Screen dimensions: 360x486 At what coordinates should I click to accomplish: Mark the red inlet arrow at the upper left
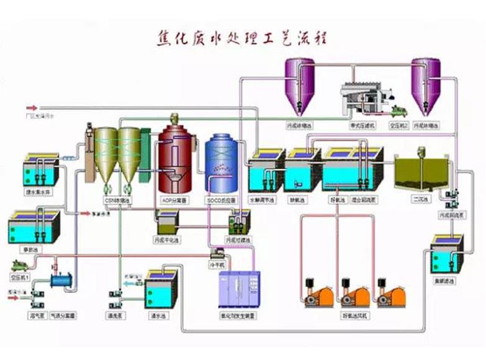[x=32, y=107]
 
